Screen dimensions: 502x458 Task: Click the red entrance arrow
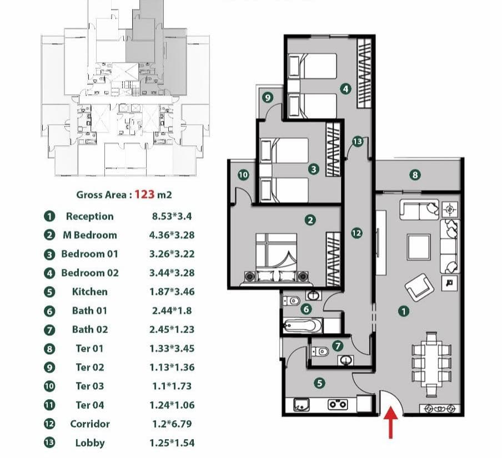[390, 422]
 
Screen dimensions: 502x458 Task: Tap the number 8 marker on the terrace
[415, 175]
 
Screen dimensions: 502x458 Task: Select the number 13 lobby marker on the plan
[358, 141]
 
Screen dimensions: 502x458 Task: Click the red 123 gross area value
[144, 194]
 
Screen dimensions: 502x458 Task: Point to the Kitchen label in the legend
[89, 292]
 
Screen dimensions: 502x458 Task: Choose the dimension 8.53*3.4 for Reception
[172, 216]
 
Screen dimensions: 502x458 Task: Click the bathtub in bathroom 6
[303, 325]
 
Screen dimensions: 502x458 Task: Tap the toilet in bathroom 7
[320, 352]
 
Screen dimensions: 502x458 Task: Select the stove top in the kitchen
[338, 404]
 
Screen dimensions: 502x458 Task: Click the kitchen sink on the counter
[302, 404]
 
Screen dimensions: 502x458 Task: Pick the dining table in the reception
[431, 364]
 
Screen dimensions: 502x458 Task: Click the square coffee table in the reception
[419, 247]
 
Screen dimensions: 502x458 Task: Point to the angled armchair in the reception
[420, 287]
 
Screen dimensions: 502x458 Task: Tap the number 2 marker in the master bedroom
[310, 220]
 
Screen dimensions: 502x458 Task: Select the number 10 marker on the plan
[243, 175]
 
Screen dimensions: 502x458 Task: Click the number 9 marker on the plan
[268, 98]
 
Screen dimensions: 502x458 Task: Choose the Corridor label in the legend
[90, 424]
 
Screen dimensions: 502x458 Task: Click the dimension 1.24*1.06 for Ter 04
[172, 405]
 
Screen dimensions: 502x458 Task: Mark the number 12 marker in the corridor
[357, 233]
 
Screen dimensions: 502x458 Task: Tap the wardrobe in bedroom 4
[364, 73]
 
